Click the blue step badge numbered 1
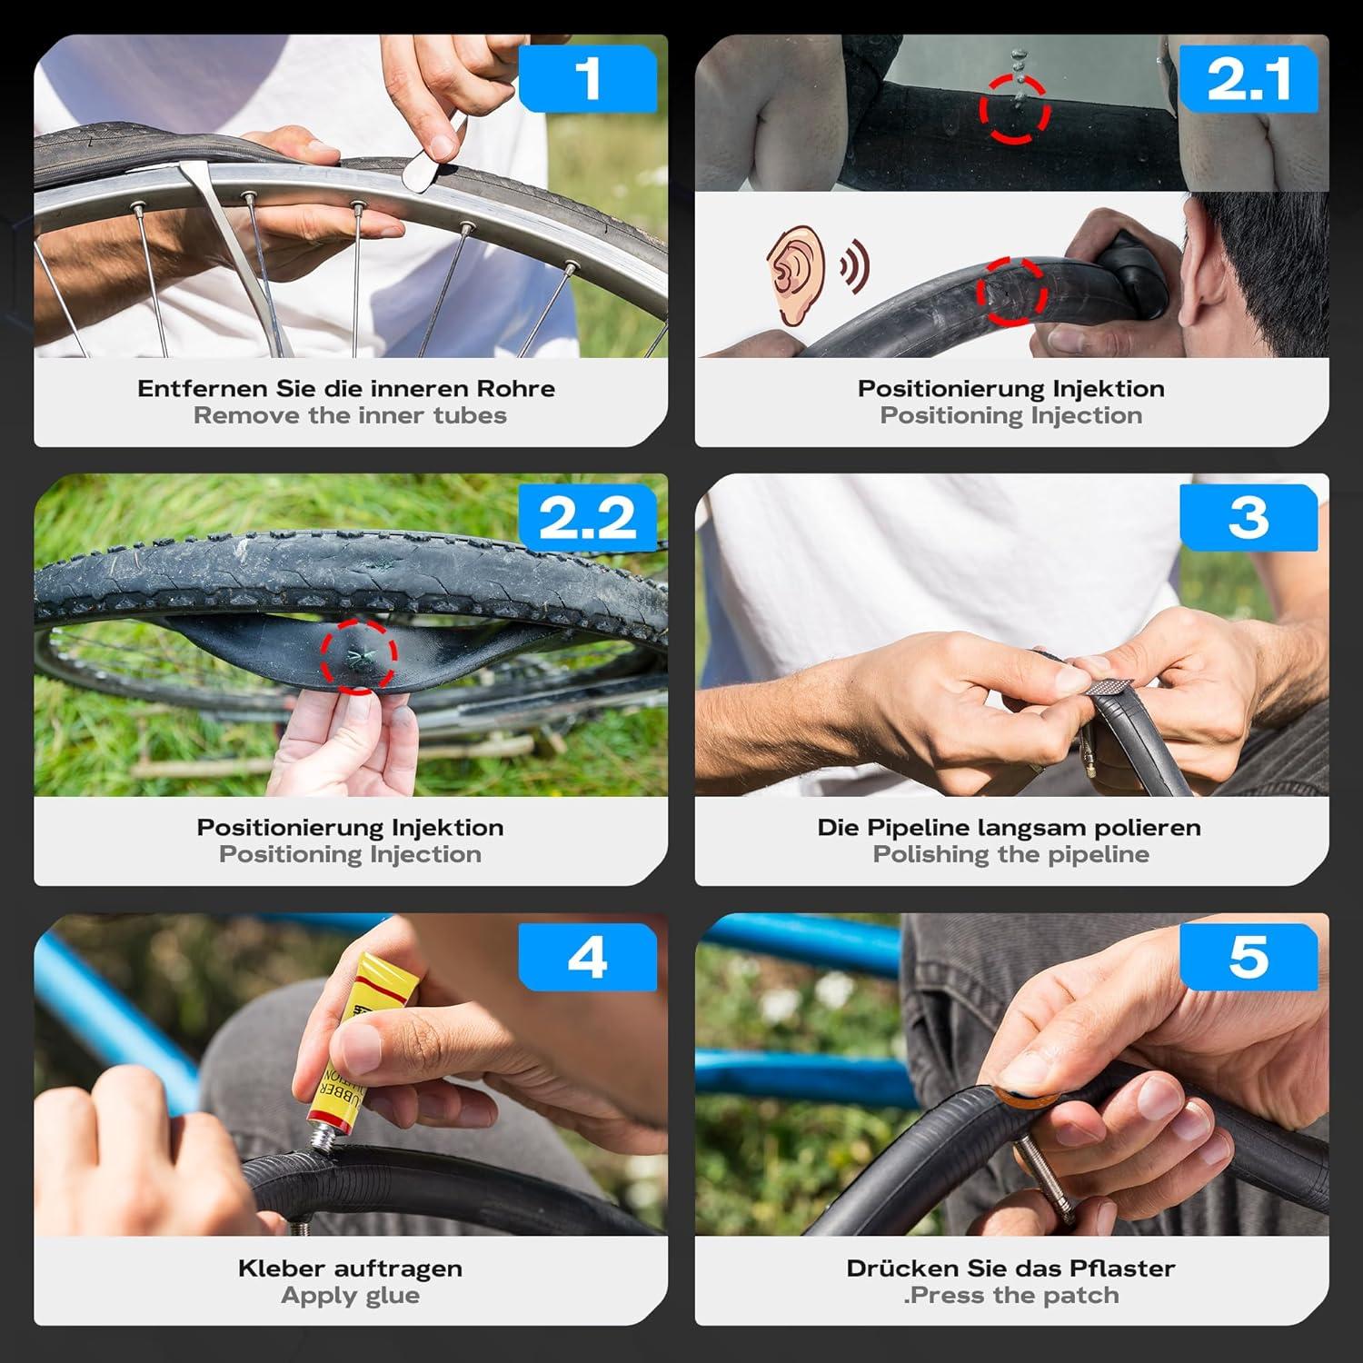tap(588, 78)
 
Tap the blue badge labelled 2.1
tap(1249, 78)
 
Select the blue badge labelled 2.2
tap(588, 518)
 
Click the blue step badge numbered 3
tap(1249, 518)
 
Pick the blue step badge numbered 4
tap(588, 957)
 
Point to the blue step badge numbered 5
tap(1249, 957)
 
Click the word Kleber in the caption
tap(283, 1268)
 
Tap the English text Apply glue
tap(351, 1296)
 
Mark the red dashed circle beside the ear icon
tap(1011, 292)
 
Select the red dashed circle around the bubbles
tap(1014, 108)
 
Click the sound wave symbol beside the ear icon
tap(854, 265)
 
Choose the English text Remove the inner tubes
tap(350, 416)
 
